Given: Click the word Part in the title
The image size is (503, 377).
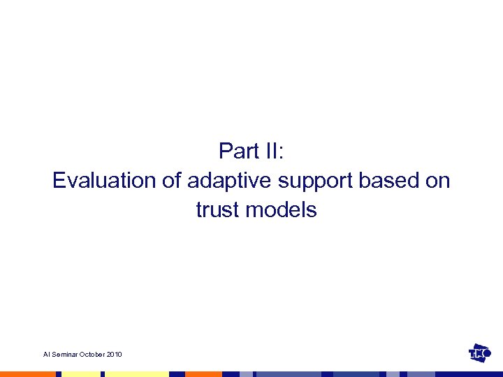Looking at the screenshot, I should coord(239,151).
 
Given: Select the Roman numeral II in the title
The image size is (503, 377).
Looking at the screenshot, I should coord(273,151).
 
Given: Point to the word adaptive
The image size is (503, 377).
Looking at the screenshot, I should coord(230,180).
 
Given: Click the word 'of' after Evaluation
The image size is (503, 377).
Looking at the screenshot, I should coord(172,180).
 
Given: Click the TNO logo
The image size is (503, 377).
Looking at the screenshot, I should coord(481,354).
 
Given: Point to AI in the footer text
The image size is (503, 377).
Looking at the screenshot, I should coord(46,355).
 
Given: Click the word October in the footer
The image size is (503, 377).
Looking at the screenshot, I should coord(92,355).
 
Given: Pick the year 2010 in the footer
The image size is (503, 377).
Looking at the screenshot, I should coord(115,355).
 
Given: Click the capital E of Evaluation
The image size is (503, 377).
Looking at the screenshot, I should coord(58,180).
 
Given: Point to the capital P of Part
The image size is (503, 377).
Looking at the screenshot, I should coord(225,151).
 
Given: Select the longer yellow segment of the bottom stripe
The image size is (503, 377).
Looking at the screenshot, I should coord(137,374).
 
